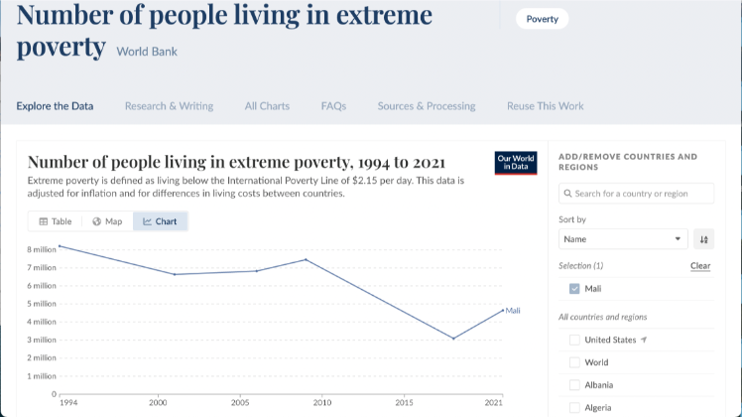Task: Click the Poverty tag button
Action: coord(542,19)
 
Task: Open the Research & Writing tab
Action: coord(169,106)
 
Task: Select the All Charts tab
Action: coord(267,106)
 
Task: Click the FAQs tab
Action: coord(333,106)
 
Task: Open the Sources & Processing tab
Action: coord(427,106)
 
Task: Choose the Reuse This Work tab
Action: coord(545,106)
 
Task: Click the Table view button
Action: coord(56,221)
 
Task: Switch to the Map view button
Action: coord(107,221)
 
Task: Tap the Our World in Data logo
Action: coord(515,162)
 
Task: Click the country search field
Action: coord(637,194)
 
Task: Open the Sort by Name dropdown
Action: coord(623,239)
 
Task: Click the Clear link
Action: coord(700,266)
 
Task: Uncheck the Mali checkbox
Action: coord(574,289)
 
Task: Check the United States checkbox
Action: coord(574,340)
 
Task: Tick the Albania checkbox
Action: coord(574,385)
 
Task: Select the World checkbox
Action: coord(574,362)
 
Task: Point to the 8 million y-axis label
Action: coord(41,249)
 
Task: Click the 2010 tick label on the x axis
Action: coord(322,403)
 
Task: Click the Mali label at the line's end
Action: coord(513,311)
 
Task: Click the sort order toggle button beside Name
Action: coord(703,239)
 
